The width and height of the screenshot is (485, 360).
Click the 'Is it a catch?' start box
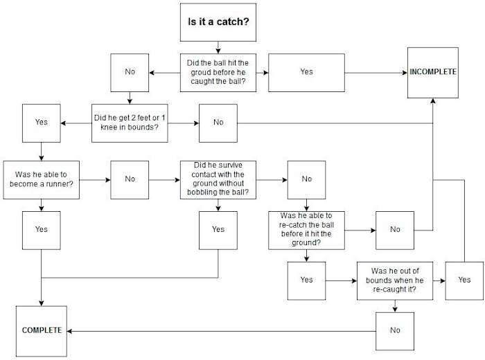click(x=218, y=21)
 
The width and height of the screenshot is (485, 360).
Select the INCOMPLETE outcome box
click(x=432, y=72)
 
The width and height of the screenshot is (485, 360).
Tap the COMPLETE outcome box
click(x=42, y=330)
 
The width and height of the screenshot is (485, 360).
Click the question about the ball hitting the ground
click(x=218, y=72)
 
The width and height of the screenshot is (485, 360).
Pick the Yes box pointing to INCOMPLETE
click(x=306, y=72)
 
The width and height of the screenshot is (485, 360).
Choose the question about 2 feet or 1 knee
click(x=130, y=123)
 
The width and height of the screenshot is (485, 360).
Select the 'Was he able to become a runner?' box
click(x=42, y=179)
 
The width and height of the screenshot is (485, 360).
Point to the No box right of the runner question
click(x=130, y=179)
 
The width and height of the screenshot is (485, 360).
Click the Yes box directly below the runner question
click(x=42, y=229)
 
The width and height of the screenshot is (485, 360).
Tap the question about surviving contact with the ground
click(x=218, y=179)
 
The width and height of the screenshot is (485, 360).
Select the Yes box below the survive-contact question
click(x=218, y=229)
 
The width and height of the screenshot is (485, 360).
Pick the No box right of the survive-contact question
click(x=306, y=179)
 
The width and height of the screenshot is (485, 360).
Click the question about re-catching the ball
click(x=306, y=229)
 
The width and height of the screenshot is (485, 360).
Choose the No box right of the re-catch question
click(x=395, y=229)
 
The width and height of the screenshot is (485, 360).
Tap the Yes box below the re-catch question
click(x=306, y=280)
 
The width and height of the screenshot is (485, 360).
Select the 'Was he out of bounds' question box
click(x=395, y=280)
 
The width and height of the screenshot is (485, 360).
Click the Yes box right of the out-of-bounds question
click(x=464, y=280)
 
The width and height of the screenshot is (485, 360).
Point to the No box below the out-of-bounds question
click(x=395, y=330)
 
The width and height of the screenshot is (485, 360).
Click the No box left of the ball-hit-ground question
click(x=130, y=72)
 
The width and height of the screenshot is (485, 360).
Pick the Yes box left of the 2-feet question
click(x=42, y=123)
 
